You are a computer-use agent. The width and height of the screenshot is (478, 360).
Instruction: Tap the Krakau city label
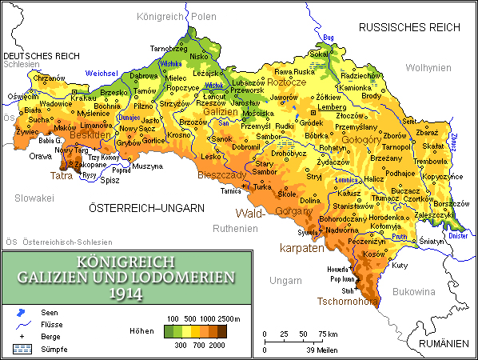(84, 97)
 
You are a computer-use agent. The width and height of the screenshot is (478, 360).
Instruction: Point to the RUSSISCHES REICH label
(410, 27)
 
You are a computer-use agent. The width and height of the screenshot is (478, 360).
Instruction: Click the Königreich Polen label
(177, 16)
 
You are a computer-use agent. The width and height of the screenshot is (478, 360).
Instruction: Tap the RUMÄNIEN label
(443, 343)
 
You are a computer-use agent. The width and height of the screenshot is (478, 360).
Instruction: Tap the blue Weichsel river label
(102, 73)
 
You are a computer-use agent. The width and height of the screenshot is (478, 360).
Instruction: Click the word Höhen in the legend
(140, 330)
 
